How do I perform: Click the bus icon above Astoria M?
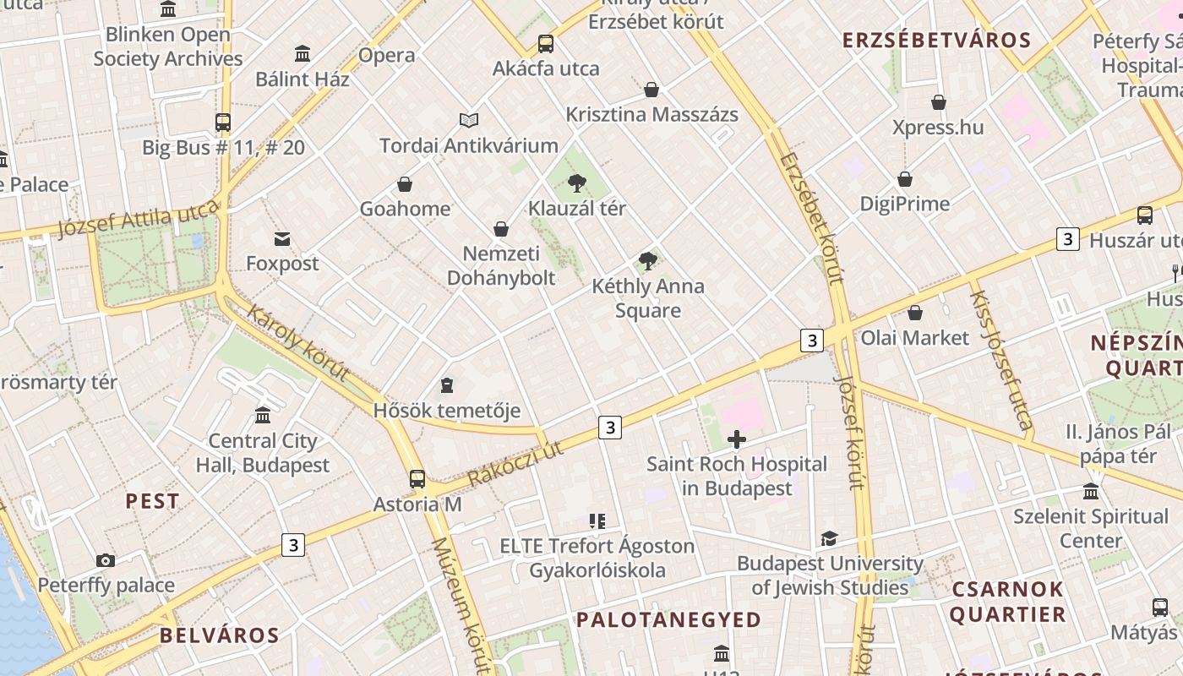[x=417, y=479]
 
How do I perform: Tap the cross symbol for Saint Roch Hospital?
[x=737, y=439]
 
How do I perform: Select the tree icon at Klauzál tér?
[x=577, y=183]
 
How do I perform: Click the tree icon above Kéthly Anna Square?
[x=648, y=261]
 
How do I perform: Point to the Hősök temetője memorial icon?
[x=447, y=386]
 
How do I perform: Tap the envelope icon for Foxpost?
[x=282, y=239]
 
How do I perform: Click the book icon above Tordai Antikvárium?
[x=469, y=121]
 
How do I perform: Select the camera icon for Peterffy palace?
[x=106, y=560]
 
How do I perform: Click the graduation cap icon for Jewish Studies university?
[x=829, y=539]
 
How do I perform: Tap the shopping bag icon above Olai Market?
[x=914, y=313]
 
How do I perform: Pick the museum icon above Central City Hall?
[x=263, y=416]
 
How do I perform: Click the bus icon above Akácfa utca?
[x=546, y=44]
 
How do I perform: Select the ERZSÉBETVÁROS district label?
[x=936, y=41]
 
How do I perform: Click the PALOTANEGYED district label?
[x=668, y=620]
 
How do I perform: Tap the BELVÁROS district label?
[x=219, y=635]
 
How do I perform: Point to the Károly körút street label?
[x=297, y=342]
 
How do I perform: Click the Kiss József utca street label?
[x=1001, y=360]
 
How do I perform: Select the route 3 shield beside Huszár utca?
[x=1068, y=240]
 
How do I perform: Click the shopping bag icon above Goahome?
[x=405, y=184]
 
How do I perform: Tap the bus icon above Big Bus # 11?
[x=223, y=123]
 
